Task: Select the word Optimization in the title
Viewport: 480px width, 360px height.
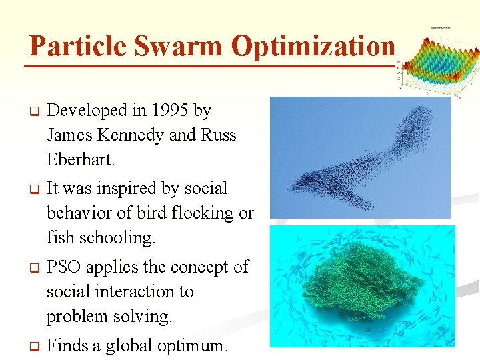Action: click(313, 47)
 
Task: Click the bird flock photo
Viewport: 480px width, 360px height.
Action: click(360, 157)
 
